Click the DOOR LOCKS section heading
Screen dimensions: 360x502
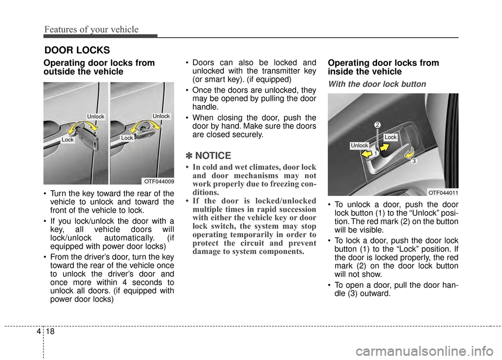click(x=77, y=50)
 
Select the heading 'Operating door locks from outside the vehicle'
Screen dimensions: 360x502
click(x=99, y=67)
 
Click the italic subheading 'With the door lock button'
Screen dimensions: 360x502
click(x=376, y=84)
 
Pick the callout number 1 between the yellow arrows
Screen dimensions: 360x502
click(x=375, y=154)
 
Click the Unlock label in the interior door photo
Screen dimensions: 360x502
click(x=359, y=145)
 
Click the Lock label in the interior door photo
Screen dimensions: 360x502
click(x=391, y=136)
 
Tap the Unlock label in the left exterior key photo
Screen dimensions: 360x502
click(x=96, y=116)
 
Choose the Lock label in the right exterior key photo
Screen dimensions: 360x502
click(x=127, y=137)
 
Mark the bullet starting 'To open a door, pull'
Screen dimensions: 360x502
click(x=393, y=289)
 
